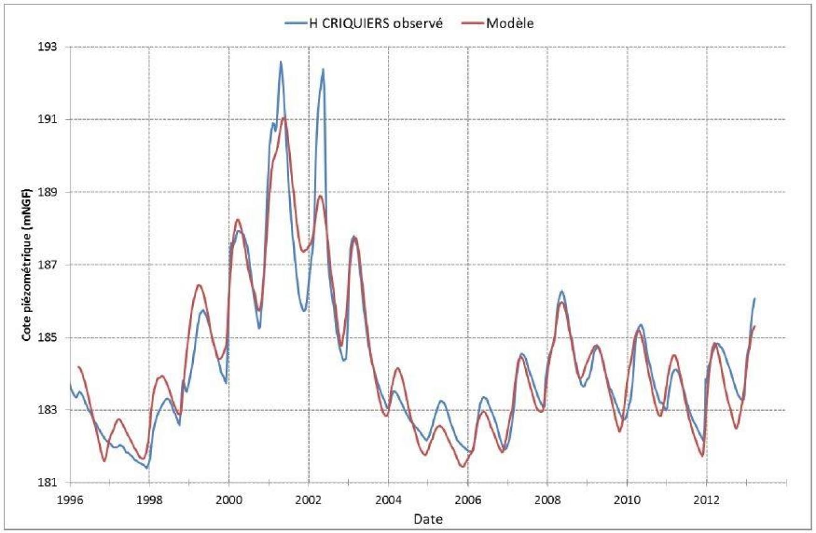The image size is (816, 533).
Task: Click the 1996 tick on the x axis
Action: point(69,498)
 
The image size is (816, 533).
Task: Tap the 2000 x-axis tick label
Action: point(228,498)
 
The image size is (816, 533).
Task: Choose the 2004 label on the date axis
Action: point(388,498)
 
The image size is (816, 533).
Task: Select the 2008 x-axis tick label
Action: point(547,498)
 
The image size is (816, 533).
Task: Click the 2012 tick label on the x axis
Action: point(706,498)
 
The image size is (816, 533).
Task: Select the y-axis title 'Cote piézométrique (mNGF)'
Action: point(27,264)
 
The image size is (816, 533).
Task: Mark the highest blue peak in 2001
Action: point(280,61)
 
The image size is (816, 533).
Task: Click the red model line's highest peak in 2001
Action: point(284,118)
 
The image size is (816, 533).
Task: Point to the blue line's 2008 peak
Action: point(562,291)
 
